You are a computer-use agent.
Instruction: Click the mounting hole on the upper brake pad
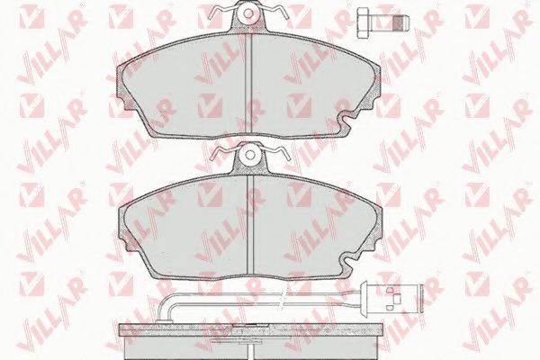pos(248,13)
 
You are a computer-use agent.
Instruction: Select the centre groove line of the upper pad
pos(248,84)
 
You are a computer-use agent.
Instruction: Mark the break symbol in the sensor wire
pos(282,299)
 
